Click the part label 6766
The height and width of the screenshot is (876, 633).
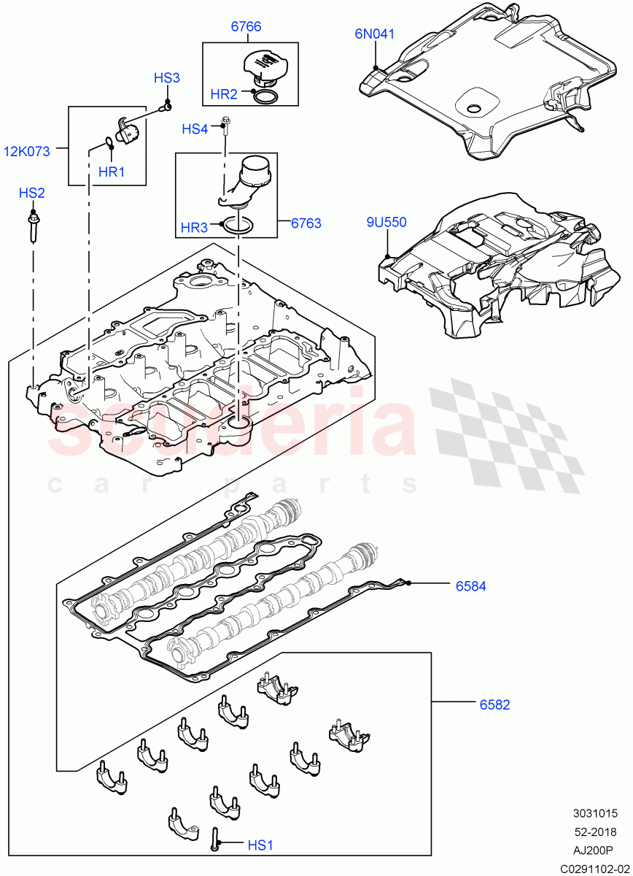(x=246, y=27)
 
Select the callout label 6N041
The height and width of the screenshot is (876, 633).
(x=375, y=33)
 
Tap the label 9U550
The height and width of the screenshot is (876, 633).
(x=387, y=223)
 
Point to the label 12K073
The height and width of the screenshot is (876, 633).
(x=27, y=152)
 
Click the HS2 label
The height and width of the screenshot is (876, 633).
(x=32, y=193)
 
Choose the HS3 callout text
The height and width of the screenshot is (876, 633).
(x=166, y=78)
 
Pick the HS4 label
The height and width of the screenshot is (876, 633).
(x=195, y=129)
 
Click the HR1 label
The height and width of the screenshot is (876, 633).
(x=112, y=172)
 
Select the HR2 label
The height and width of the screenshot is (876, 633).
(x=224, y=94)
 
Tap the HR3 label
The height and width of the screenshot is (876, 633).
(x=194, y=228)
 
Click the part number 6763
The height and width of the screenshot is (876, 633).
(x=306, y=223)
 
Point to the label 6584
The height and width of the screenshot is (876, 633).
(x=471, y=585)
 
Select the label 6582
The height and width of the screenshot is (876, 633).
(x=494, y=704)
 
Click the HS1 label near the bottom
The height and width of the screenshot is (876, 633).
(x=260, y=845)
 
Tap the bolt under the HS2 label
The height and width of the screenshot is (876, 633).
(x=33, y=226)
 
